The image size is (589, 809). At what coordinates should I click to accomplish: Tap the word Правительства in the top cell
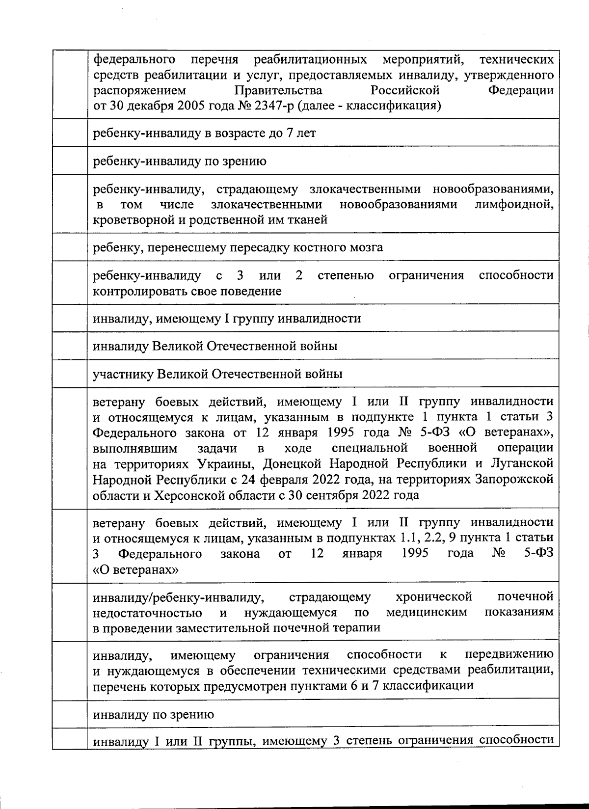(278, 91)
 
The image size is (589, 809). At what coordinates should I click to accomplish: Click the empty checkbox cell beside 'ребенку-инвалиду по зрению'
(69, 161)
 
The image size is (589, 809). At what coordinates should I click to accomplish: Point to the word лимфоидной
(514, 204)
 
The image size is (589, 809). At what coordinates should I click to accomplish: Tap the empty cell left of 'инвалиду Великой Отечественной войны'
(69, 346)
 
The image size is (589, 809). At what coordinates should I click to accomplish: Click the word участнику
(123, 374)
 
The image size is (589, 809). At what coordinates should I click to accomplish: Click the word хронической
(433, 597)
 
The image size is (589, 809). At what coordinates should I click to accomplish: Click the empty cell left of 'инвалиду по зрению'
(69, 714)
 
